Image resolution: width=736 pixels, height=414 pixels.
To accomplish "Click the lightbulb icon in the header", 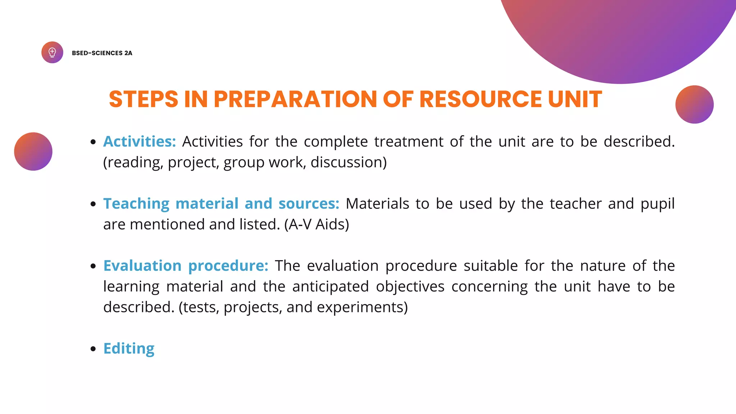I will tap(52, 52).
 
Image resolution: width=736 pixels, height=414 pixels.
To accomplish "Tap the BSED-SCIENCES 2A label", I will tap(102, 53).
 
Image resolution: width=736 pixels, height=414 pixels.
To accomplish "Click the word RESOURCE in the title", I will tap(480, 99).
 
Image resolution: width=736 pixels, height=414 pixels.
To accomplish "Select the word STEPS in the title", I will tap(143, 99).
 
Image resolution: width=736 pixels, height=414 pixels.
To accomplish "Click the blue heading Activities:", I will tap(139, 142).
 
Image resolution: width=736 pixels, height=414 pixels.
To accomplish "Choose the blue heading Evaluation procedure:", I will tap(186, 266).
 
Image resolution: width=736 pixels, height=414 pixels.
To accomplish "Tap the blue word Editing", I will tap(129, 349).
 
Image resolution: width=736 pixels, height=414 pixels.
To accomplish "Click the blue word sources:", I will tap(309, 204).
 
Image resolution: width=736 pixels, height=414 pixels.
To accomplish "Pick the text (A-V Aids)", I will tap(317, 225).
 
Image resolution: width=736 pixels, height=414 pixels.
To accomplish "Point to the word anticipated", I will tap(331, 287).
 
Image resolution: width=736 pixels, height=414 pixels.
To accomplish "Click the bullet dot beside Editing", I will tap(93, 349).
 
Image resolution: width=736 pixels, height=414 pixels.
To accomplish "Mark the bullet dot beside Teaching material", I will tap(93, 204).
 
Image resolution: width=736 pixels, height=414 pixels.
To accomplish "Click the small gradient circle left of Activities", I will tap(33, 151).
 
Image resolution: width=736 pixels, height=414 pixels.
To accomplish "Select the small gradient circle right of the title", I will tap(694, 104).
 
